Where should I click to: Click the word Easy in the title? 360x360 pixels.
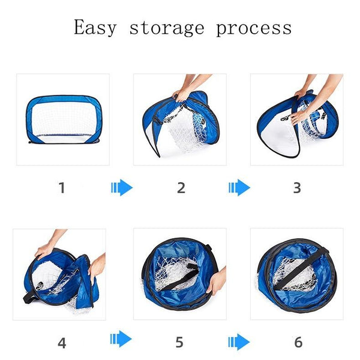95,28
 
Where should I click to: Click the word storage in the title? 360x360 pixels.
167,28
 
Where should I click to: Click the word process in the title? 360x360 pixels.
254,29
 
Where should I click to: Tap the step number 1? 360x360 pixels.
62,188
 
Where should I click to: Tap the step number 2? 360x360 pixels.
181,188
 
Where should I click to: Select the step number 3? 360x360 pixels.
297,188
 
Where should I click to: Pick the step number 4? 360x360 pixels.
62,343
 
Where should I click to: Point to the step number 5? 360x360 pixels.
179,343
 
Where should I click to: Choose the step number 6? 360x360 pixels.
298,343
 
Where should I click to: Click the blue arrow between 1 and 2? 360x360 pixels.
122,188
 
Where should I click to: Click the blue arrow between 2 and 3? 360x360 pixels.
239,188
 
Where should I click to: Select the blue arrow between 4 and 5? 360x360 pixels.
121,339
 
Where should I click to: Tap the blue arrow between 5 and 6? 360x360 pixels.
239,342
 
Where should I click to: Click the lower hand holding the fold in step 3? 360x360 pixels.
299,116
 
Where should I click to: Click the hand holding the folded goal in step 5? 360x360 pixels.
216,282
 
